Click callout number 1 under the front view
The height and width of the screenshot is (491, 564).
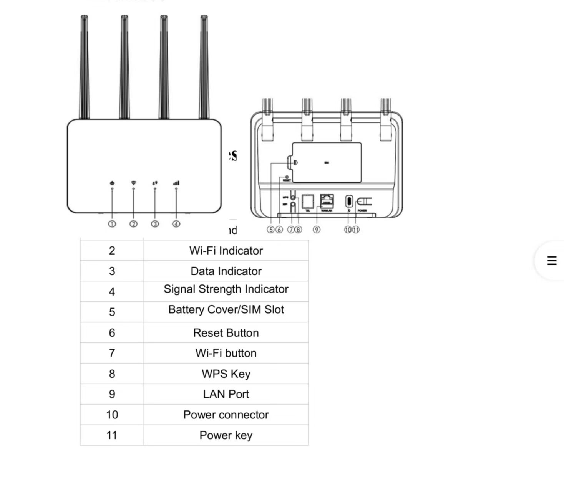click(112, 224)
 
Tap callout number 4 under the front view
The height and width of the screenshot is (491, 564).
click(176, 224)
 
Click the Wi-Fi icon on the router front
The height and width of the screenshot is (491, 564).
click(133, 183)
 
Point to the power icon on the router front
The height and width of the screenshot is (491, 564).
click(112, 183)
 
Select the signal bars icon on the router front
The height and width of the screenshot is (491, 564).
click(176, 183)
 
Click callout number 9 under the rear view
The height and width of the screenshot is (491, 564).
click(316, 230)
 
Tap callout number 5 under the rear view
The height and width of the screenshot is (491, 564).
click(271, 230)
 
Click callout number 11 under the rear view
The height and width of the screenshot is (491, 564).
click(356, 230)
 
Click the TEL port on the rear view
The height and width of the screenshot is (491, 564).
click(308, 201)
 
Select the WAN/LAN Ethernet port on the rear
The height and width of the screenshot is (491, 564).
click(327, 201)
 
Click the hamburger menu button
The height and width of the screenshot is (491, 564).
click(552, 261)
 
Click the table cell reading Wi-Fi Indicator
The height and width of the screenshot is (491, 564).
click(226, 251)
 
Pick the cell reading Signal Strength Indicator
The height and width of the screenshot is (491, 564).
click(226, 289)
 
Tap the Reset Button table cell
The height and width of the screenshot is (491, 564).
click(226, 333)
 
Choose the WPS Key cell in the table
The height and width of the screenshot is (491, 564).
click(226, 374)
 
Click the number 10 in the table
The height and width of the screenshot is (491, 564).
click(112, 415)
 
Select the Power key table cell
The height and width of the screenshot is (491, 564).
click(226, 435)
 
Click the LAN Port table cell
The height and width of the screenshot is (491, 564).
click(226, 394)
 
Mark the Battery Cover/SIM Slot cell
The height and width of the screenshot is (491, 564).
click(226, 310)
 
